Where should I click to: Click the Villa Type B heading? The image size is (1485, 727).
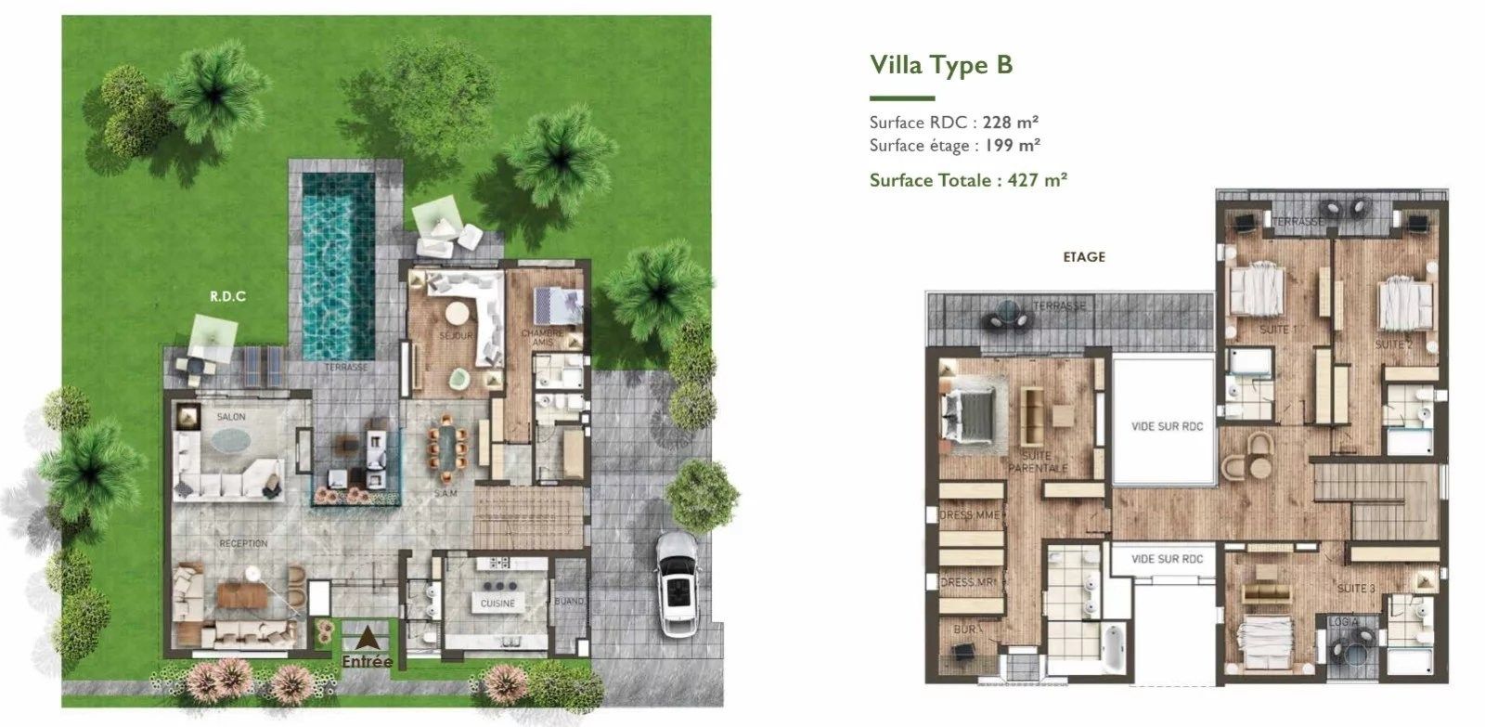click(940, 65)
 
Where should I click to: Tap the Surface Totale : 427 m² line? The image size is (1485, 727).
click(968, 180)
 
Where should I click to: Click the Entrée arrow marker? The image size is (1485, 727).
click(368, 639)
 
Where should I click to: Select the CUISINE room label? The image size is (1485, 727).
click(497, 604)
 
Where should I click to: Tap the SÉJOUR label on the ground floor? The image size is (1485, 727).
click(456, 336)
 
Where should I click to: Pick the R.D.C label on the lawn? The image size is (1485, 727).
click(226, 297)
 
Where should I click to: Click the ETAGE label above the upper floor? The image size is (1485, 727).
click(1083, 257)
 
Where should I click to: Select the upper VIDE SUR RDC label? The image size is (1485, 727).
click(1167, 426)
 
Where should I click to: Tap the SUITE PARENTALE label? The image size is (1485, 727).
click(1036, 461)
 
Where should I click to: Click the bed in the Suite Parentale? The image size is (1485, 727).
click(971, 414)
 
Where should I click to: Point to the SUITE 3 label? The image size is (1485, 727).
click(1356, 589)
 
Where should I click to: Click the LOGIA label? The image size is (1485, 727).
click(1344, 621)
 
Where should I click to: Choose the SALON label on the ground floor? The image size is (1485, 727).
click(231, 418)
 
